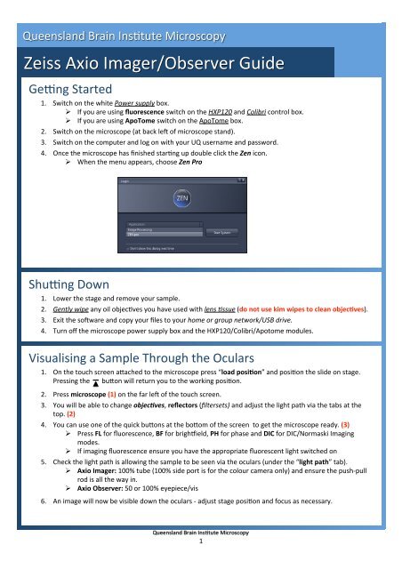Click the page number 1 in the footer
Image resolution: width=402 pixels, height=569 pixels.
click(x=201, y=564)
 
